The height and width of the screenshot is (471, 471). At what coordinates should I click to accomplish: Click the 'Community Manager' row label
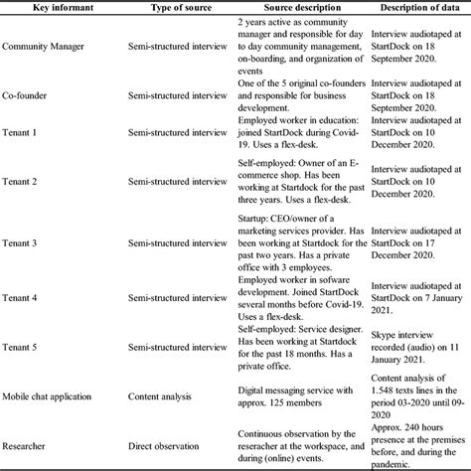[44, 47]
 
